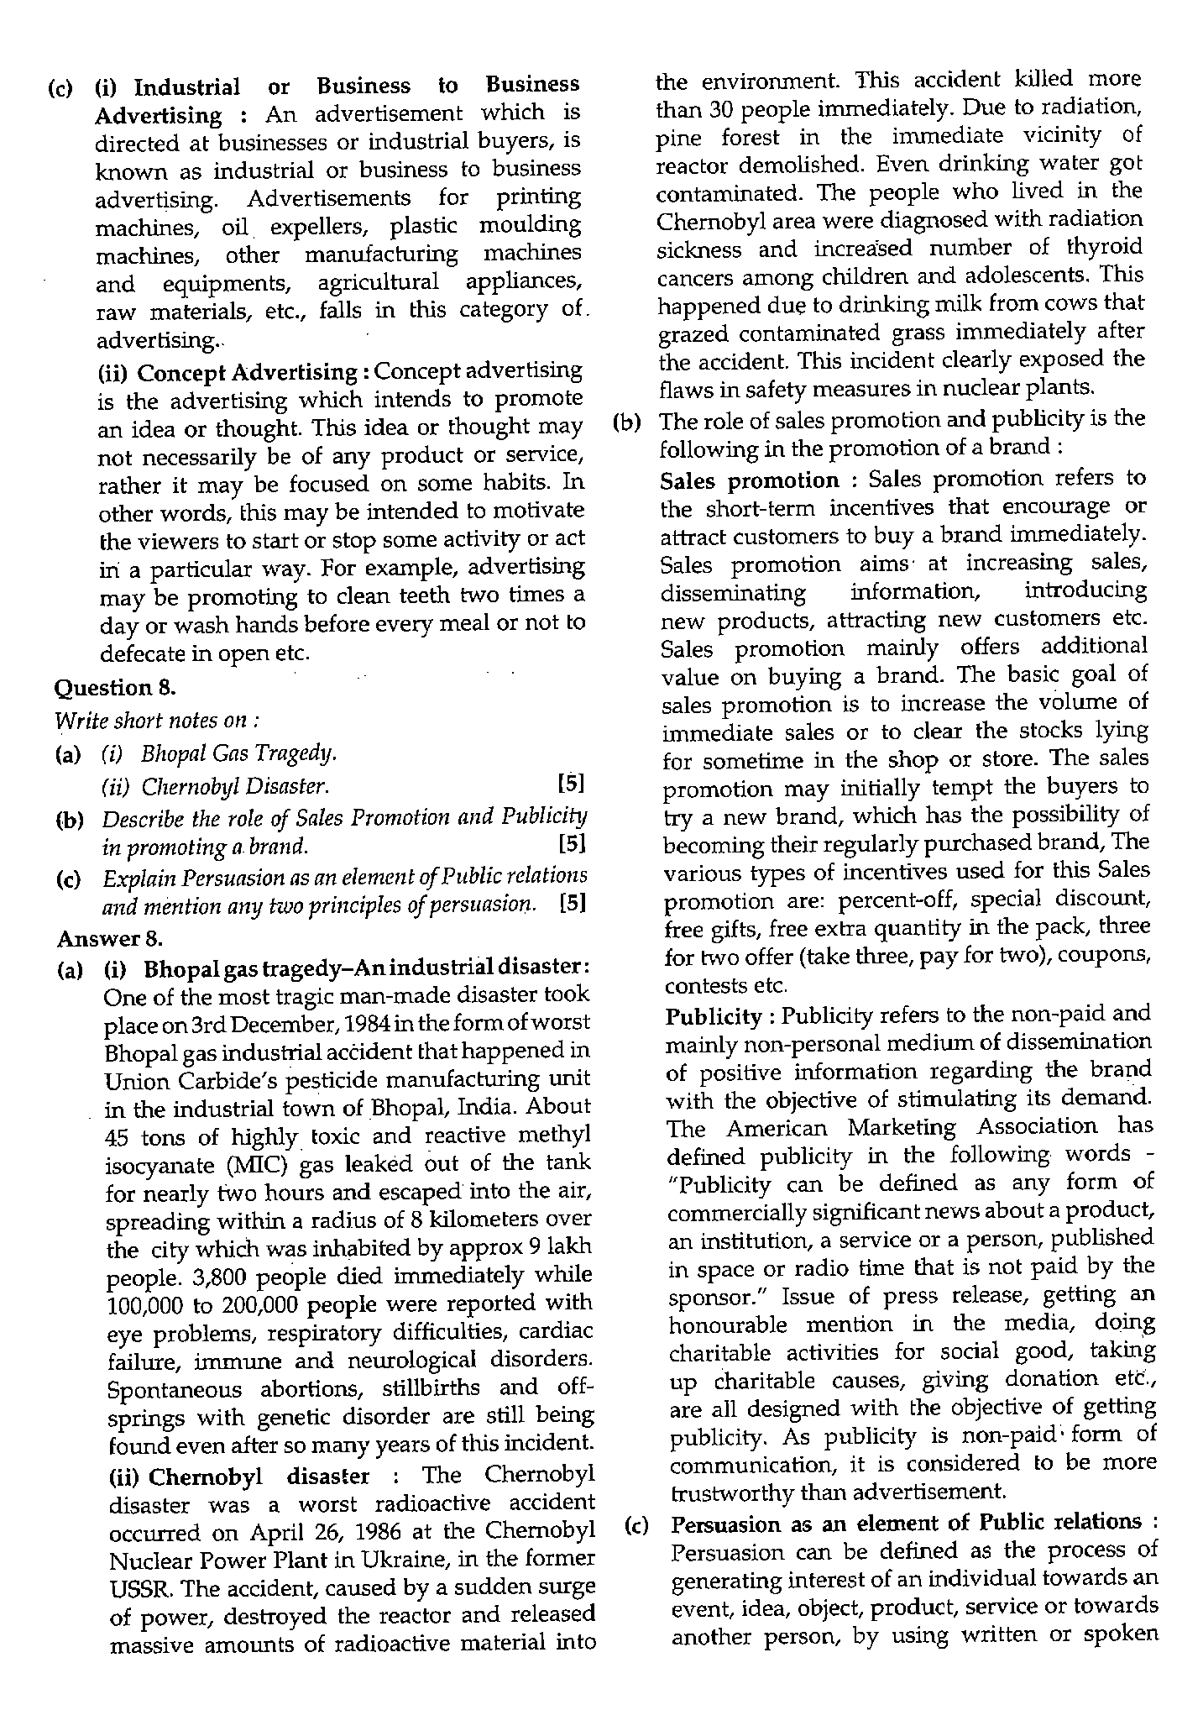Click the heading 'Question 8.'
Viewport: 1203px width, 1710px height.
coord(114,688)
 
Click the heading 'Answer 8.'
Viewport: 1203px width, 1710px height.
coord(109,936)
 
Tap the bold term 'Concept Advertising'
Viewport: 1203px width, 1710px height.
coord(248,372)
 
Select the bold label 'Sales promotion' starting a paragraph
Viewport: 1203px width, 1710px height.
coord(749,480)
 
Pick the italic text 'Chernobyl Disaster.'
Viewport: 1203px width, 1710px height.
coord(235,787)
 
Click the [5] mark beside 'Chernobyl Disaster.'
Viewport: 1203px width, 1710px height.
coord(570,784)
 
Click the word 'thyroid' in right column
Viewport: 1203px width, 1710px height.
coord(1106,248)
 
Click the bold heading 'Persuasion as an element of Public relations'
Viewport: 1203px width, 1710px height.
coord(907,1522)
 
